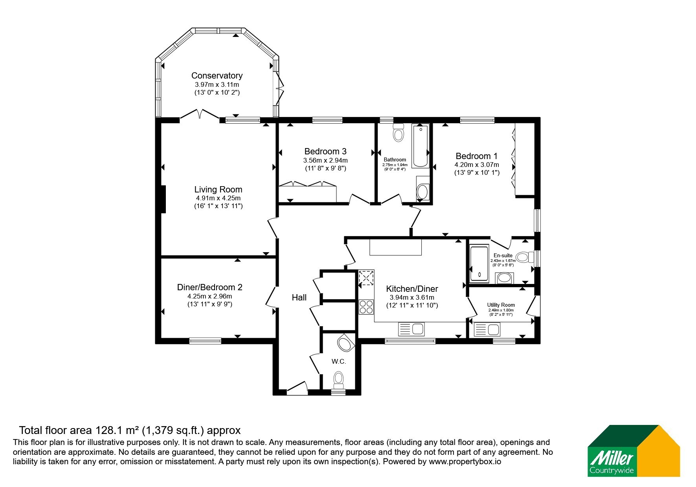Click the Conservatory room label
point(217,75)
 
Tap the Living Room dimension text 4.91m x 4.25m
point(219,198)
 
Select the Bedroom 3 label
point(325,151)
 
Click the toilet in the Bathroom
point(399,133)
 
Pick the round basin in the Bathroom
point(423,192)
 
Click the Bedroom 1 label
point(477,156)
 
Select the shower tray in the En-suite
point(479,264)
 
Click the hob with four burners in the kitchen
point(366,307)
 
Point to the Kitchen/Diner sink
point(411,329)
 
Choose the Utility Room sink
point(487,329)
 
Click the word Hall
point(299,298)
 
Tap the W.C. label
point(339,362)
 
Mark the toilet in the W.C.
point(338,380)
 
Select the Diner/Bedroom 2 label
point(210,287)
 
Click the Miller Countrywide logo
point(634,451)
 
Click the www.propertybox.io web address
point(465,462)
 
